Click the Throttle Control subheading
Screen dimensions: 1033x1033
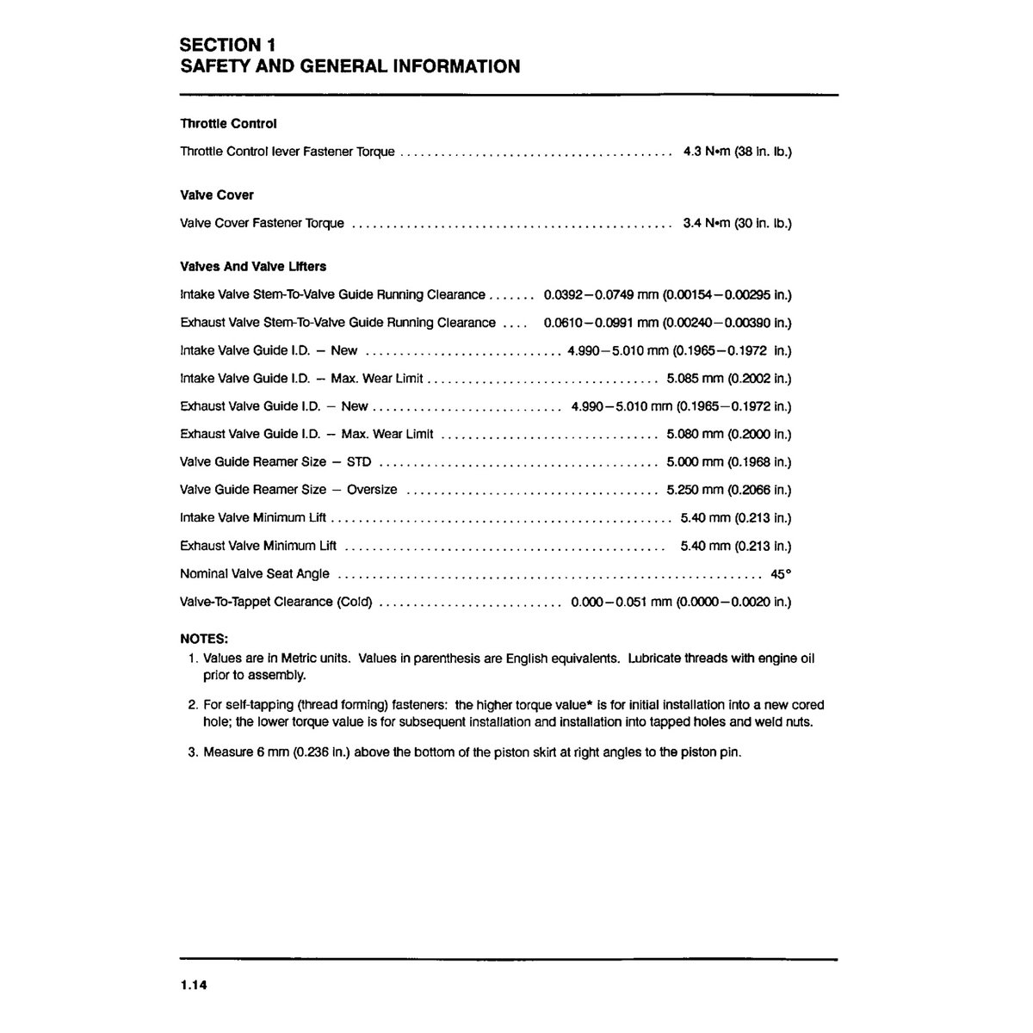(x=228, y=124)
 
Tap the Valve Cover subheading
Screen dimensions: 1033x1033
(x=217, y=195)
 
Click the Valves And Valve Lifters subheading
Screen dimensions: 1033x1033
(x=253, y=267)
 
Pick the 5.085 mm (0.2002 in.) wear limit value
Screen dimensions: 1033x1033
(x=729, y=378)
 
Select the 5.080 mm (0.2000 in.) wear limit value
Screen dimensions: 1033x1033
(x=729, y=434)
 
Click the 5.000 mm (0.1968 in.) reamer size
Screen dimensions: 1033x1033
(x=729, y=461)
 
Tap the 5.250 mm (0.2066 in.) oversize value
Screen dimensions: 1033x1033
(x=729, y=490)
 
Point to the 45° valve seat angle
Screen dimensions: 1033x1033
(x=781, y=573)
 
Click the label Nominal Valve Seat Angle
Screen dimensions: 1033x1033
(x=255, y=573)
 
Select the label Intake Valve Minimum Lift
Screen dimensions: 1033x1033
(x=253, y=517)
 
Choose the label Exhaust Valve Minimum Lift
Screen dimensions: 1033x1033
(x=258, y=546)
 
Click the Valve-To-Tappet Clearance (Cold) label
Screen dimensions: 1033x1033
(x=276, y=602)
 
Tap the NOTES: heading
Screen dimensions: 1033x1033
(x=204, y=639)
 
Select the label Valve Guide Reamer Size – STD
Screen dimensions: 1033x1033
(x=275, y=461)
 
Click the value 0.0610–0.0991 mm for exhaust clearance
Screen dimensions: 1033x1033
(x=606, y=323)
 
